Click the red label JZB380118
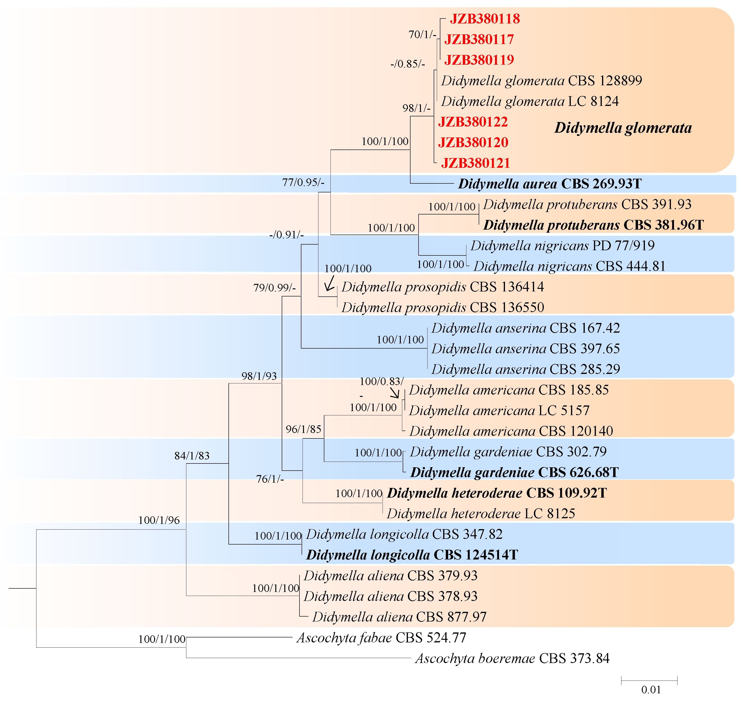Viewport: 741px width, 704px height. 485,19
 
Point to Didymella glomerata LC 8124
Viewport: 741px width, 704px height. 530,101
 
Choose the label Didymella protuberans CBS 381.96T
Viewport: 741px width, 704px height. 593,225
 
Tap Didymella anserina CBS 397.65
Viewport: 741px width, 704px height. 525,349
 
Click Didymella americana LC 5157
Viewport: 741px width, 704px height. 499,411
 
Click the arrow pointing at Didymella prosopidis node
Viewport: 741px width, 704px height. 330,283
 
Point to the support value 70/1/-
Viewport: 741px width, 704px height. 422,35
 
